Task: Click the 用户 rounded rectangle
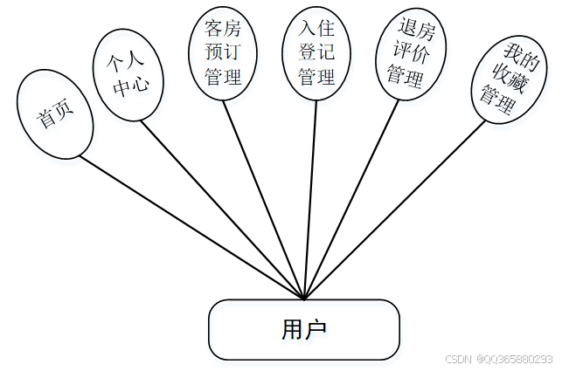pyautogui.click(x=303, y=330)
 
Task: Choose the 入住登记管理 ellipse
pyautogui.click(x=316, y=52)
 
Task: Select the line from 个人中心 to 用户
pyautogui.click(x=223, y=210)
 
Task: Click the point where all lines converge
pyautogui.click(x=303, y=299)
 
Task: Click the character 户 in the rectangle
pyautogui.click(x=316, y=330)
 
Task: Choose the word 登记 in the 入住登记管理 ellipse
pyautogui.click(x=316, y=52)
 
